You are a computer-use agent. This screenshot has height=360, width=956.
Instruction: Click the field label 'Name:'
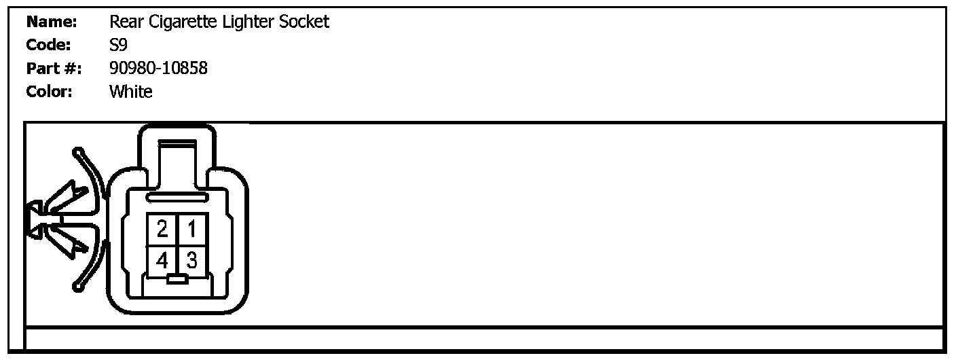[52, 22]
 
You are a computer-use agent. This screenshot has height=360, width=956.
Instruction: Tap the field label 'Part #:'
[54, 69]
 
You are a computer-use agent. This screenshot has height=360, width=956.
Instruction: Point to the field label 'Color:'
[49, 92]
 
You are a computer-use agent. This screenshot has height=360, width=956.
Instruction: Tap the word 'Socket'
[304, 22]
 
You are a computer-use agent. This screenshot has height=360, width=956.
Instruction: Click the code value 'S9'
[118, 46]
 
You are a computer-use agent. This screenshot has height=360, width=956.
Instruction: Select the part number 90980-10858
[158, 69]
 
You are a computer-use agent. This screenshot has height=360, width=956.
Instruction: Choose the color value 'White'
[130, 92]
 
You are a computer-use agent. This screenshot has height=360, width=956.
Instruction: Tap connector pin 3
[192, 259]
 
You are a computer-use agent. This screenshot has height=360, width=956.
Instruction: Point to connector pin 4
[162, 259]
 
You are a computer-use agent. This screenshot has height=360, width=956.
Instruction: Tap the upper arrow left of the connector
[69, 198]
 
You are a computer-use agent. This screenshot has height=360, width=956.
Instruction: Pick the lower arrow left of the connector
[69, 240]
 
